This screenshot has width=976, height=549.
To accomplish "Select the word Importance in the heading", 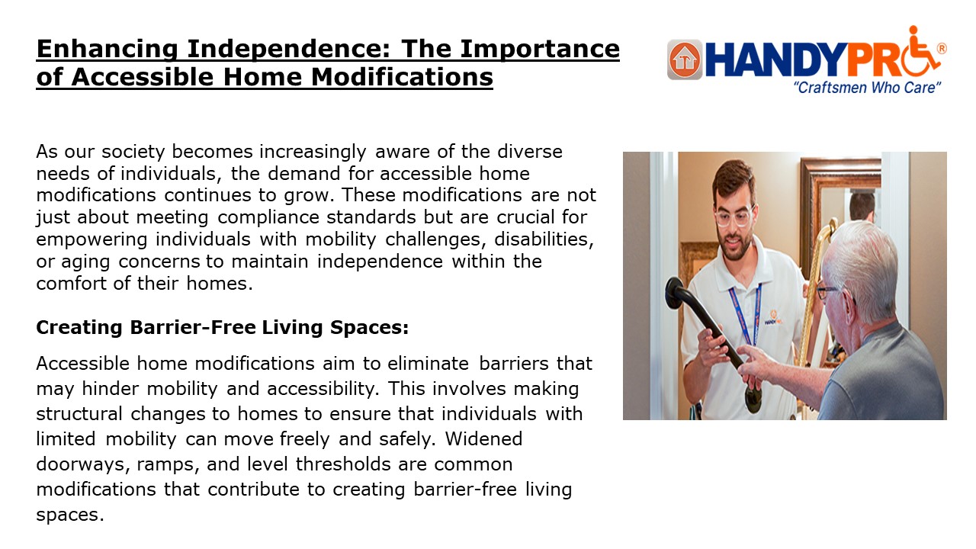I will tap(549, 50).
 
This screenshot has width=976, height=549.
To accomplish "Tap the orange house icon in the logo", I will tap(684, 59).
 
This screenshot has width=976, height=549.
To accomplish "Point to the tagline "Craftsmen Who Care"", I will tap(868, 88).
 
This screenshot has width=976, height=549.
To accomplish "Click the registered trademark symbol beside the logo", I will tap(941, 48).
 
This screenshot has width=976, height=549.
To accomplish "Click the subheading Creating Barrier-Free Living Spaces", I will tap(223, 327).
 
